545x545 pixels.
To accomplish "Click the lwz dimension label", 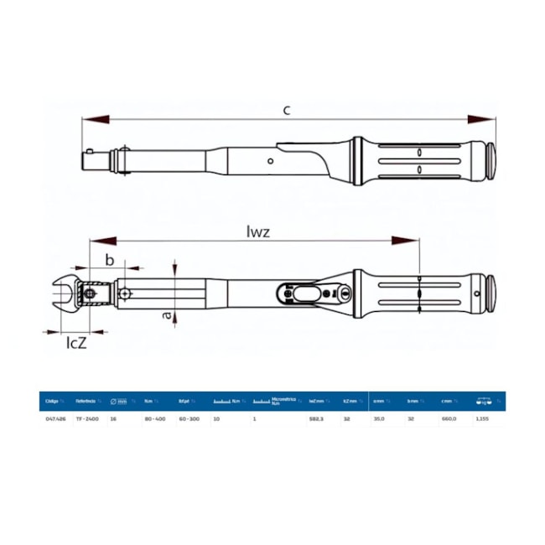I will [x=259, y=232].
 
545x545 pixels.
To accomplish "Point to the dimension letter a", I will [x=167, y=316].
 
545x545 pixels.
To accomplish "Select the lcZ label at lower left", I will [x=77, y=342].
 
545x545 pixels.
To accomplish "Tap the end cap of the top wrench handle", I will [x=491, y=159].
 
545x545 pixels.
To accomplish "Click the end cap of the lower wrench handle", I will [x=491, y=293].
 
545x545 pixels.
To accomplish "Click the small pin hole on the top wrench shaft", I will [x=270, y=160].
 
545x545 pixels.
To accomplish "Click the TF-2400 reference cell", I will [x=86, y=417].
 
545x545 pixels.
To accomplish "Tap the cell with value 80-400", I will [x=155, y=417].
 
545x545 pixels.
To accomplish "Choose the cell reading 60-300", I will [x=189, y=417].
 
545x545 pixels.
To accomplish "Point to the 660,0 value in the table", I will [x=449, y=417].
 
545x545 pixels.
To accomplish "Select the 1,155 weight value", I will [x=482, y=417].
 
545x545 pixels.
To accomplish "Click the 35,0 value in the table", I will [x=379, y=417].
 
